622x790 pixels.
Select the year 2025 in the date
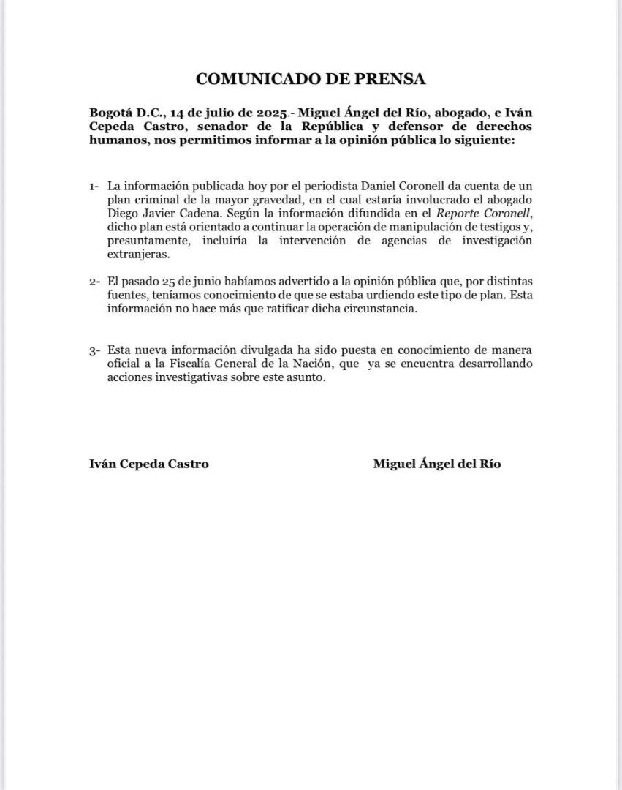(262, 113)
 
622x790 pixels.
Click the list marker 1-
(95, 188)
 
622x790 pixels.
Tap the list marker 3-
(95, 351)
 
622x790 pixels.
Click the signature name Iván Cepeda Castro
(148, 464)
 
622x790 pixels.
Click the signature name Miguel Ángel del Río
(437, 464)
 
